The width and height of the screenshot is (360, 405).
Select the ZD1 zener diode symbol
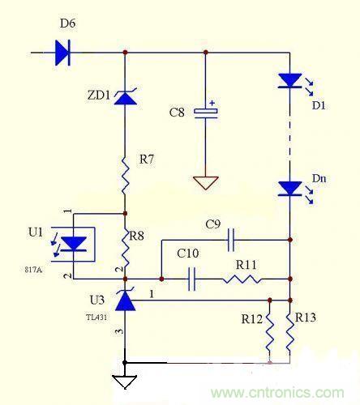point(125,98)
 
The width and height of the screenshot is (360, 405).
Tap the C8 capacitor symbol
point(209,112)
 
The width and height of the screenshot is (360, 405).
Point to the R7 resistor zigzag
point(125,173)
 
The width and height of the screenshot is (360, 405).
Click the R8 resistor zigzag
point(125,241)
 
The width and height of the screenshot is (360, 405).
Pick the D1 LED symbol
point(289,81)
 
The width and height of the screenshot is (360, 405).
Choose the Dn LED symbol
point(289,189)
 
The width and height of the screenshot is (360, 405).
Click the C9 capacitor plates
point(232,240)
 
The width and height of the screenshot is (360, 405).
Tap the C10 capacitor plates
point(193,280)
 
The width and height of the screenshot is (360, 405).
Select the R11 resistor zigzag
point(242,280)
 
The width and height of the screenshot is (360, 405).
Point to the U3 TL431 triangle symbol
point(125,301)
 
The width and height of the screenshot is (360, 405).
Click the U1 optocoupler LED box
point(75,244)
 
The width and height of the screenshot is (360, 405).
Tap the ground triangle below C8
point(209,181)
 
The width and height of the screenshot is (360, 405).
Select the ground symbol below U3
point(125,380)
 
